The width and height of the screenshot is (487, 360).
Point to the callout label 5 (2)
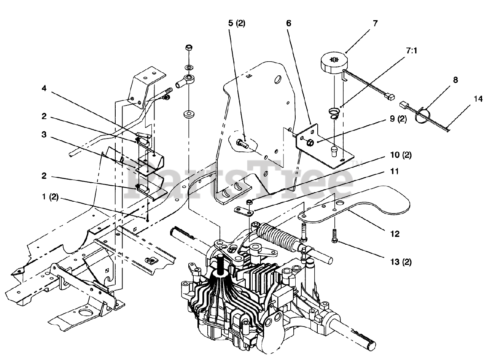237,23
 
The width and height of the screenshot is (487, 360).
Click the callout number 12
395,234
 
